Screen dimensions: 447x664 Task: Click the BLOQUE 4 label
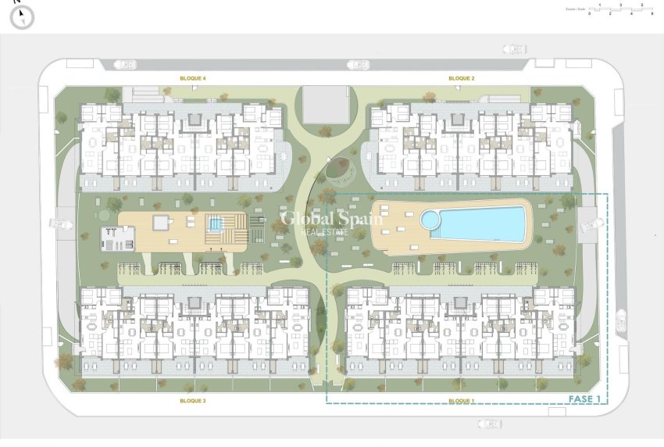pos(192,79)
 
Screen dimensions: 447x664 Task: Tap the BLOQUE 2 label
pos(462,79)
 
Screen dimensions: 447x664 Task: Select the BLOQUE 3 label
pos(192,401)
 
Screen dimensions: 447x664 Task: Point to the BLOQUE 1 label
pos(462,401)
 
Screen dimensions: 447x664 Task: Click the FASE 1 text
pos(584,399)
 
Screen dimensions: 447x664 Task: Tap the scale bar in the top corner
pos(619,10)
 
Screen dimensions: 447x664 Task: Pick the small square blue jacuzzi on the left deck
pos(214,224)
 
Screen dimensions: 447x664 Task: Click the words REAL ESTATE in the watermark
pos(332,232)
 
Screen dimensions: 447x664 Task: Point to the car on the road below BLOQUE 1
pos(489,424)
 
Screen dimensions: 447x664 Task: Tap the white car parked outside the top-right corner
pos(514,48)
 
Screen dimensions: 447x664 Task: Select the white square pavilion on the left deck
pos(161,223)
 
